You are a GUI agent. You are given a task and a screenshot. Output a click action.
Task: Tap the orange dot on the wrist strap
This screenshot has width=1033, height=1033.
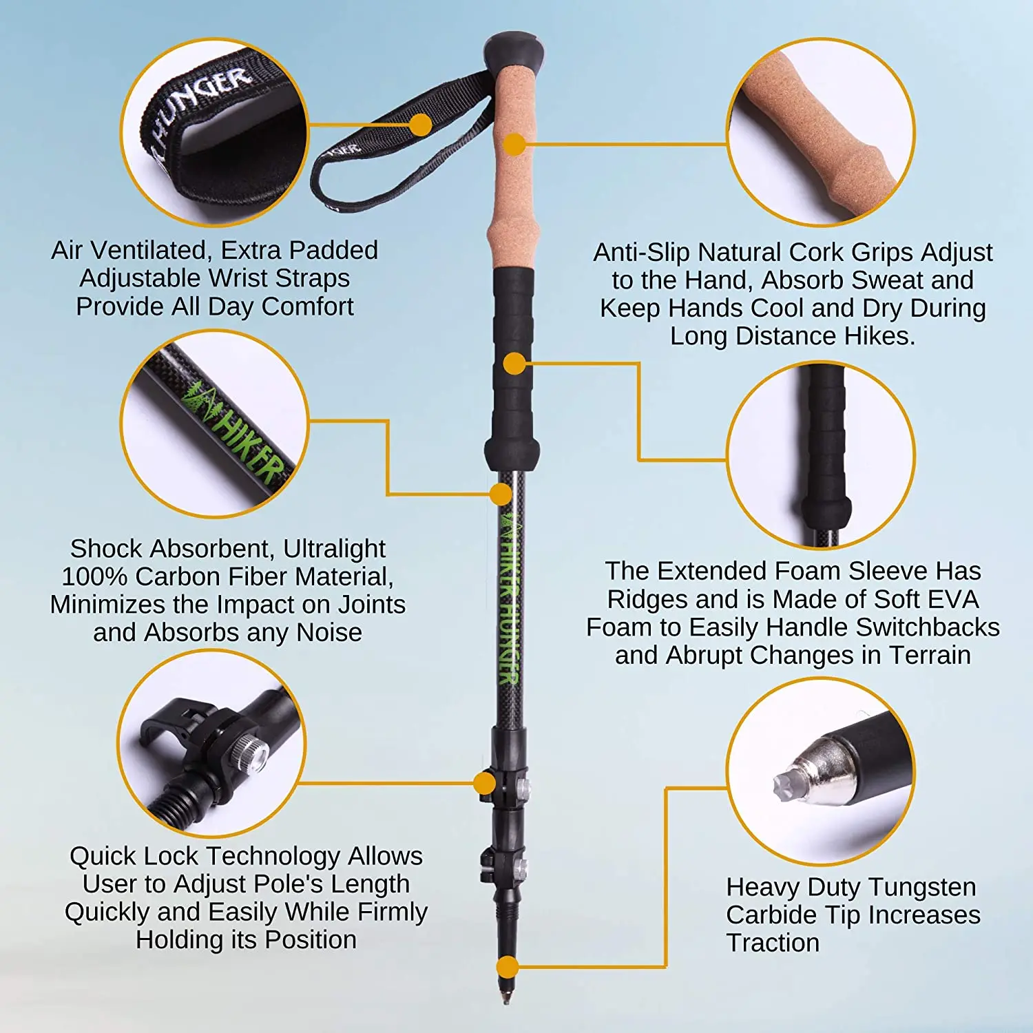[419, 125]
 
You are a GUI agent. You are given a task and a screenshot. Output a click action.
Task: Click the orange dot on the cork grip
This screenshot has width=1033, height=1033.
[514, 145]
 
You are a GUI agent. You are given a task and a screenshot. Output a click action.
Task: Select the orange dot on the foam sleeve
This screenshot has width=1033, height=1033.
[514, 364]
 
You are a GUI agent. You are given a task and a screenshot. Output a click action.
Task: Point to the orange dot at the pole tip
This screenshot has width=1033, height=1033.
[508, 967]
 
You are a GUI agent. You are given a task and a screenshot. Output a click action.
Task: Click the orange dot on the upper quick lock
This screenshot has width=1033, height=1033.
[485, 783]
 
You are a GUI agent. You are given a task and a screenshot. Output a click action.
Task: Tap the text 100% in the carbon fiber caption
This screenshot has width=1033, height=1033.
[95, 576]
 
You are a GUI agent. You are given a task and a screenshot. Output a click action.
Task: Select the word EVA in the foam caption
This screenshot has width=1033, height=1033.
[952, 599]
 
